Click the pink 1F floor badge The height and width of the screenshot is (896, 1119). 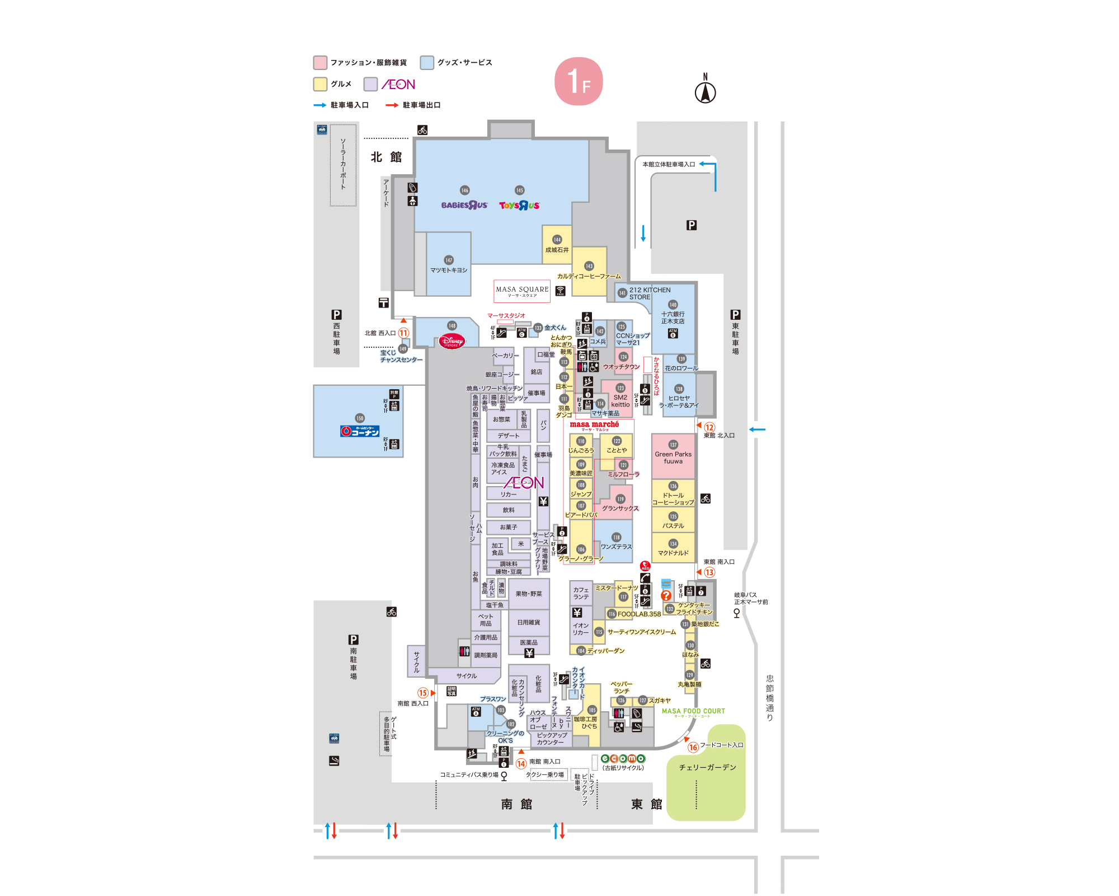pyautogui.click(x=578, y=81)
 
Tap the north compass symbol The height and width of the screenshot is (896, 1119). pyautogui.click(x=705, y=91)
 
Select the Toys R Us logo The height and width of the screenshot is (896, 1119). pyautogui.click(x=519, y=206)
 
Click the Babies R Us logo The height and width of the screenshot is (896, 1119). pyautogui.click(x=464, y=206)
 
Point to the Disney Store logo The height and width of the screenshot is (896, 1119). pyautogui.click(x=452, y=341)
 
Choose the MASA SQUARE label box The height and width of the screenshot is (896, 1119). pyautogui.click(x=522, y=291)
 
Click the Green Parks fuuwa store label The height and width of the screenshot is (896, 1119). pyautogui.click(x=673, y=458)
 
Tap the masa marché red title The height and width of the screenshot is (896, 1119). pyautogui.click(x=594, y=424)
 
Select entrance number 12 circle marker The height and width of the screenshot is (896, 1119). pyautogui.click(x=709, y=427)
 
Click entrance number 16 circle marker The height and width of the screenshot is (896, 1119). pyautogui.click(x=693, y=747)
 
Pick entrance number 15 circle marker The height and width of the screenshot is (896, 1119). pyautogui.click(x=423, y=693)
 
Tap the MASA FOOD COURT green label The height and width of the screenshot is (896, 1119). pyautogui.click(x=693, y=711)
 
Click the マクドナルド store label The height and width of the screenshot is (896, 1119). pyautogui.click(x=673, y=553)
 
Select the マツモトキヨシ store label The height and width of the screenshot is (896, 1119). pyautogui.click(x=449, y=270)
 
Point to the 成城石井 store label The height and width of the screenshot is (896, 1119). pyautogui.click(x=557, y=250)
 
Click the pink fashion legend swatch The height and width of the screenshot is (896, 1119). pyautogui.click(x=320, y=62)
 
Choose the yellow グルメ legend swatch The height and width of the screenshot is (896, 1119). pyautogui.click(x=320, y=84)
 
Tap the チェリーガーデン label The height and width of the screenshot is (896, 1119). pyautogui.click(x=707, y=767)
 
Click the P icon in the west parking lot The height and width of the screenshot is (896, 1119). pyautogui.click(x=336, y=315)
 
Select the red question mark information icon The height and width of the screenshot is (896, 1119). pyautogui.click(x=666, y=595)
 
